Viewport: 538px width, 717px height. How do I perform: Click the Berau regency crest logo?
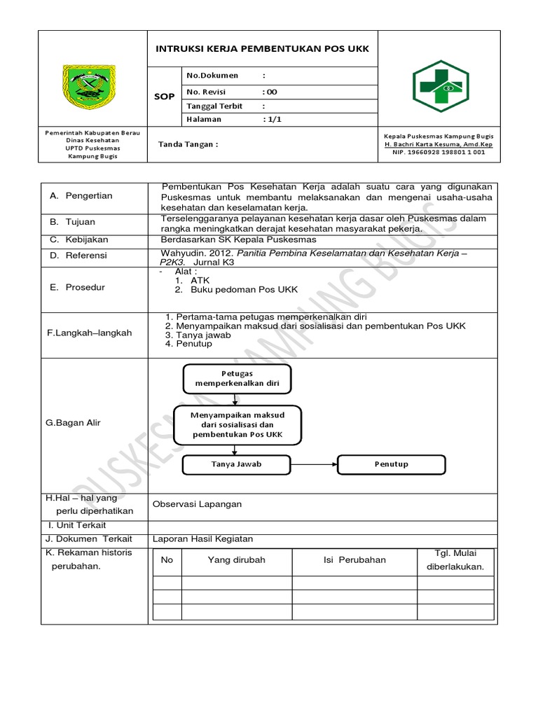(92, 87)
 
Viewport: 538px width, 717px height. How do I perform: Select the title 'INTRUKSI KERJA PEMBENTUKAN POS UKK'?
(261, 49)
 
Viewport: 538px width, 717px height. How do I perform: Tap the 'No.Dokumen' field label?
(212, 76)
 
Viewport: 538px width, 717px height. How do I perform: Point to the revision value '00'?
(270, 91)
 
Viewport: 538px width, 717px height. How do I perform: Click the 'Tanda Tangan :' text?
(188, 144)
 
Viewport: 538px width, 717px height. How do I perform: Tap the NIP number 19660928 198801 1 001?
(439, 152)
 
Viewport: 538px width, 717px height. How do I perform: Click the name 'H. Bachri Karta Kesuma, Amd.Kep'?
(439, 144)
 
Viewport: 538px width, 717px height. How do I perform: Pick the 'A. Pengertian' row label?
(81, 196)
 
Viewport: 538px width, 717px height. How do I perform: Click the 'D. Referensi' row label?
(78, 256)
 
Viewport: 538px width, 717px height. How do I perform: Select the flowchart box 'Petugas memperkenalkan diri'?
(237, 379)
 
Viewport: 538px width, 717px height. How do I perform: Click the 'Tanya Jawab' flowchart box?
(236, 464)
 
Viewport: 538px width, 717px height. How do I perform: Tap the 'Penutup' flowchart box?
(391, 464)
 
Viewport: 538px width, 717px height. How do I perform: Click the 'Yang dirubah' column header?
(236, 560)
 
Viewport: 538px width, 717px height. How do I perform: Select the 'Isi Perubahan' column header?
(354, 560)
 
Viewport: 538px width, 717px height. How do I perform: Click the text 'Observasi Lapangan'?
(198, 504)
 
